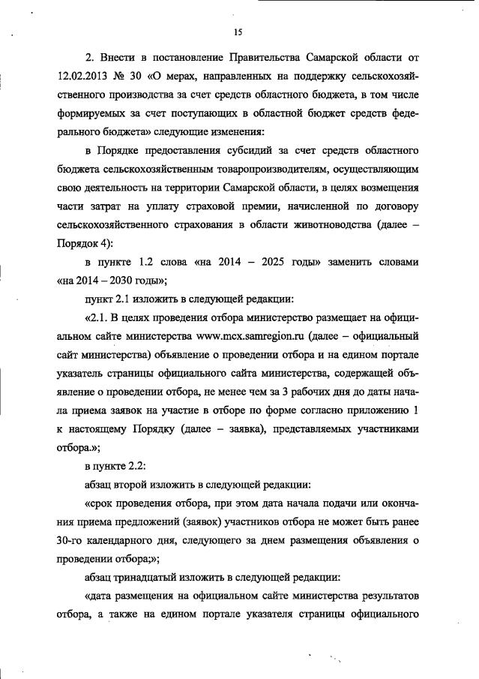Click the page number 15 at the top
pyautogui.click(x=238, y=32)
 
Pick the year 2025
pyautogui.click(x=268, y=263)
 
